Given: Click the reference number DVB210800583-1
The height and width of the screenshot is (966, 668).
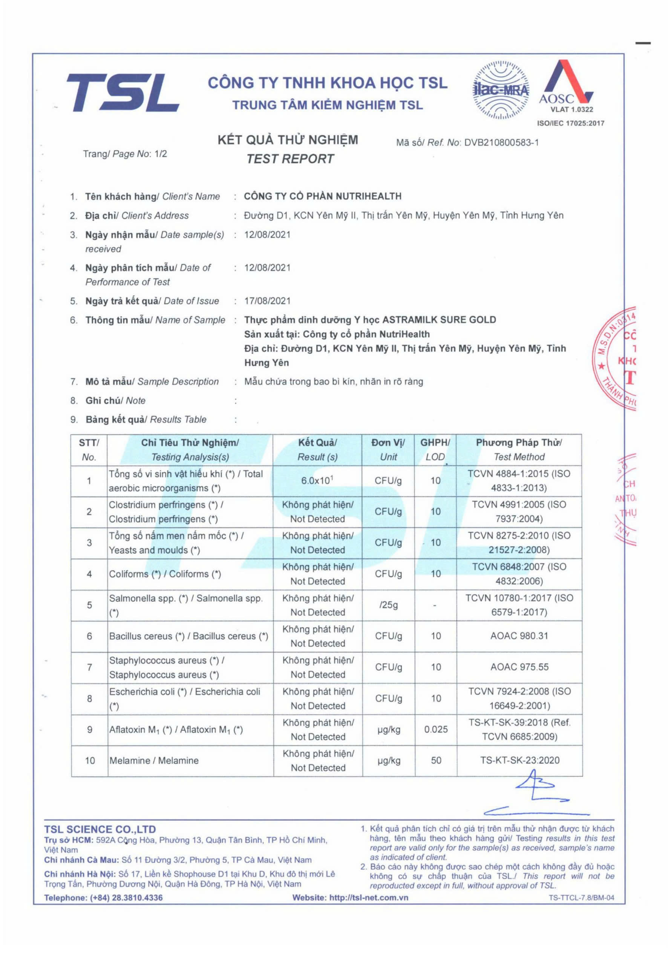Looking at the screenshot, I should pyautogui.click(x=501, y=142).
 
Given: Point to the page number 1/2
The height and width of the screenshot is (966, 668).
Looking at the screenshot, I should pyautogui.click(x=161, y=154).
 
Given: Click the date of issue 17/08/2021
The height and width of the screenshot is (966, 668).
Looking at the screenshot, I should pyautogui.click(x=267, y=301).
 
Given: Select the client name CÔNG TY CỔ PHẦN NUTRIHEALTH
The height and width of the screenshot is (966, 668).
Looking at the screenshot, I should pyautogui.click(x=323, y=196).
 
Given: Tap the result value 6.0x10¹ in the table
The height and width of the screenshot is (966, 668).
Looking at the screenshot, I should pyautogui.click(x=317, y=480).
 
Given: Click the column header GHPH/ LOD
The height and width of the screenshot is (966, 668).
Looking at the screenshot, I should pyautogui.click(x=435, y=449).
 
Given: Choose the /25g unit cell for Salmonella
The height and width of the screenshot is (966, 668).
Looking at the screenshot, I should pyautogui.click(x=388, y=605).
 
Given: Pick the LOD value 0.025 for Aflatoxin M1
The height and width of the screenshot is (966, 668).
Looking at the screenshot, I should pyautogui.click(x=436, y=729).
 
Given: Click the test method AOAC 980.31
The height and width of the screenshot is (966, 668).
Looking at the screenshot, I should pyautogui.click(x=519, y=636).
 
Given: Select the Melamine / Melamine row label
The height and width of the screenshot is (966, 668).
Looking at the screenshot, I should pyautogui.click(x=154, y=760).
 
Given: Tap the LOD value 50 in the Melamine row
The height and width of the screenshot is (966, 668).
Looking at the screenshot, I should pyautogui.click(x=436, y=760).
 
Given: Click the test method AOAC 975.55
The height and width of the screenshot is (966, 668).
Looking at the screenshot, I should pyautogui.click(x=519, y=667).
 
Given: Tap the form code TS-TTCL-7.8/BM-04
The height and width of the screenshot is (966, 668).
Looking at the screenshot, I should pyautogui.click(x=581, y=898).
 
